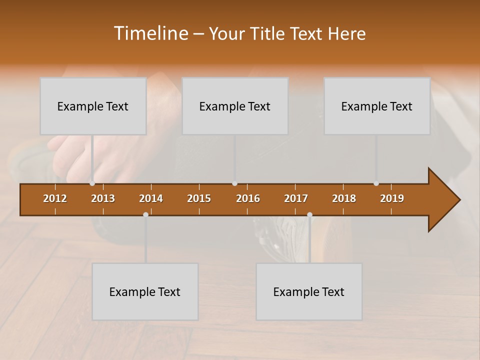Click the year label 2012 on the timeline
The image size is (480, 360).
point(55,198)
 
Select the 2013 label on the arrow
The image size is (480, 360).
point(103,198)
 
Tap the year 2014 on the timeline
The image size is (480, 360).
point(151,198)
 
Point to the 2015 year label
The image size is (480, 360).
point(199,198)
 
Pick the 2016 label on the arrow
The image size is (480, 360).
point(248,198)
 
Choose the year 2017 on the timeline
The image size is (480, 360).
point(296,198)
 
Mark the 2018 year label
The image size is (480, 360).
point(344,198)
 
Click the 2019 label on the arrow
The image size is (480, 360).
point(392,198)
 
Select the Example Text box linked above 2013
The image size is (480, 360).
point(93,106)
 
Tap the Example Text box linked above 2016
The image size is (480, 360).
point(235,106)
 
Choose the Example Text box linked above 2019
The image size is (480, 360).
point(377,106)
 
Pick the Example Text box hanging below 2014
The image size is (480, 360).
point(145,291)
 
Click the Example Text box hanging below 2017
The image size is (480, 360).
point(309,291)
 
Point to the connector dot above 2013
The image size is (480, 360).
point(92,183)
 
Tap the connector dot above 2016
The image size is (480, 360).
point(235,183)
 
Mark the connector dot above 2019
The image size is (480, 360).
point(376,183)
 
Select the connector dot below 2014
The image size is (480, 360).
point(145,214)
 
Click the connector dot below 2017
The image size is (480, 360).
point(309,214)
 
